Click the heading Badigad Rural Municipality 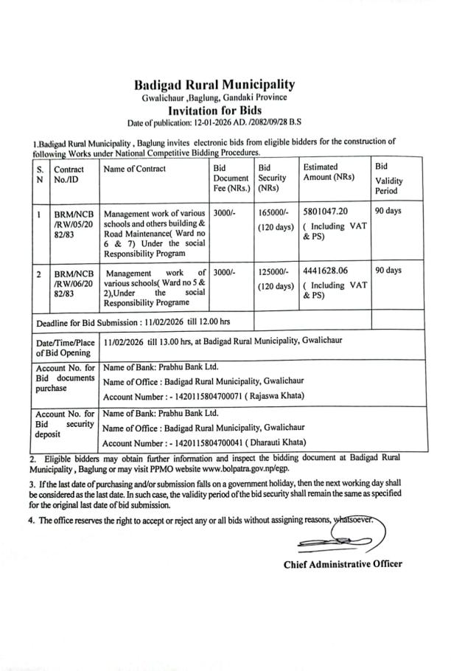(x=214, y=85)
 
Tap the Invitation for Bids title (x=214, y=110)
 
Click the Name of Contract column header (x=135, y=169)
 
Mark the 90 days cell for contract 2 (x=388, y=271)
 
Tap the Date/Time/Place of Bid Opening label (x=66, y=347)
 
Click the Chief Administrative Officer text (x=343, y=564)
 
